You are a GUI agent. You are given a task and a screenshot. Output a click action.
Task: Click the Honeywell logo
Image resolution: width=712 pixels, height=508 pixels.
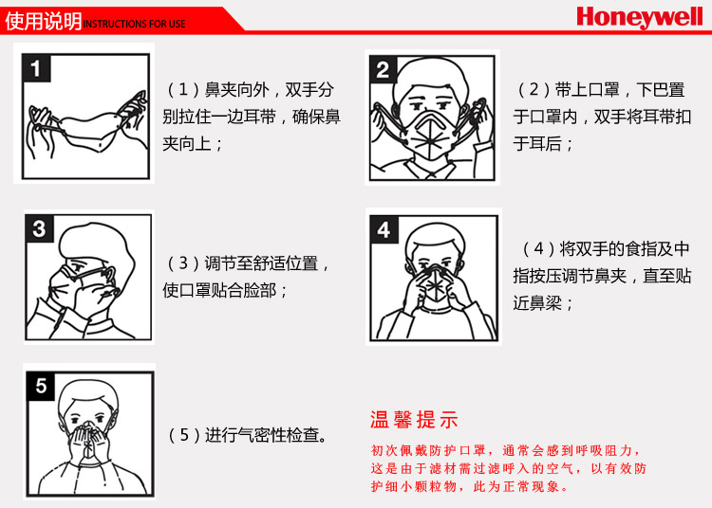pyautogui.click(x=639, y=17)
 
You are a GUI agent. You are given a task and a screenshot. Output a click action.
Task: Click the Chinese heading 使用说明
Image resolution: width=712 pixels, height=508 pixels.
pyautogui.click(x=43, y=21)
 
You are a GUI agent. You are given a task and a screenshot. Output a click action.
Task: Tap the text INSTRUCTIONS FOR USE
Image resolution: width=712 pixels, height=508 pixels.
pyautogui.click(x=135, y=24)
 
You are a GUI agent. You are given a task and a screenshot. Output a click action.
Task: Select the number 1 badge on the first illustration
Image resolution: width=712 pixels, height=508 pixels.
pyautogui.click(x=36, y=68)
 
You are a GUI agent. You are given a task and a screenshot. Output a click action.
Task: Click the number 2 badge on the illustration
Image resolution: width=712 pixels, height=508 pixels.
pyautogui.click(x=383, y=69)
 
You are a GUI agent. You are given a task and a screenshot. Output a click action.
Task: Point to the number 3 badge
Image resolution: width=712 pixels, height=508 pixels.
pyautogui.click(x=39, y=228)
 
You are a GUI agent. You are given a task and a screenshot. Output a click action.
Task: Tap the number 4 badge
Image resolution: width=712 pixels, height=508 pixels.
pyautogui.click(x=384, y=229)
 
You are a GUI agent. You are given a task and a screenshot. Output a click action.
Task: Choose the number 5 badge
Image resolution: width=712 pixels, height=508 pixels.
pyautogui.click(x=41, y=386)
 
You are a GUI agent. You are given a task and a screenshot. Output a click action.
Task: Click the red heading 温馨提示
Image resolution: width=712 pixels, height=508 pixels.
pyautogui.click(x=414, y=420)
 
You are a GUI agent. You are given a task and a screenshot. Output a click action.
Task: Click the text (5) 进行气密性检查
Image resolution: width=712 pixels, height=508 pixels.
pyautogui.click(x=248, y=435)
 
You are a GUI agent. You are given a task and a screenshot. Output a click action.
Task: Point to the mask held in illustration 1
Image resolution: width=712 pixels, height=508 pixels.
pyautogui.click(x=89, y=132)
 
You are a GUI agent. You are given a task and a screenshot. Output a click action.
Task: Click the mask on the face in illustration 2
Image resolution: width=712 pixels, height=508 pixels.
pyautogui.click(x=430, y=135)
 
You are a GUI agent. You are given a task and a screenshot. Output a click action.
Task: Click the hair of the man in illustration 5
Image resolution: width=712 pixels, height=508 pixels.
pyautogui.click(x=89, y=395)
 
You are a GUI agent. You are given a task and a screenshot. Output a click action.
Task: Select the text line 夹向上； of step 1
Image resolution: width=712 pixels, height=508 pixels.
pyautogui.click(x=193, y=144)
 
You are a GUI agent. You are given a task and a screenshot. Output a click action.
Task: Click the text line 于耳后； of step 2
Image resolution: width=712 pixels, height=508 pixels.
pyautogui.click(x=543, y=144)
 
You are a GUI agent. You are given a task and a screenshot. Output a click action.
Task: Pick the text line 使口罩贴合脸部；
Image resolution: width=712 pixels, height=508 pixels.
pyautogui.click(x=225, y=290)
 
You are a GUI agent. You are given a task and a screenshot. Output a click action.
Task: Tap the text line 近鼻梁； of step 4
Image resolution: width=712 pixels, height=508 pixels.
pyautogui.click(x=543, y=302)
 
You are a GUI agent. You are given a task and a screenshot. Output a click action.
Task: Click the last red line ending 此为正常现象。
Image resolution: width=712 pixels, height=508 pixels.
pyautogui.click(x=470, y=487)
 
